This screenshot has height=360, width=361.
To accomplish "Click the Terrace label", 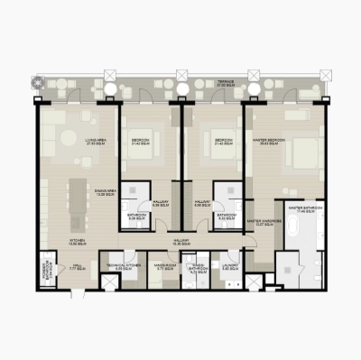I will point(225,81).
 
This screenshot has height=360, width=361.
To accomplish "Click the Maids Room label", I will point(163,265).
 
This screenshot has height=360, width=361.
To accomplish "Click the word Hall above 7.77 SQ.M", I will point(77,265).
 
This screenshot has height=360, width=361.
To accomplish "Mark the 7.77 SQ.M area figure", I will point(77,270).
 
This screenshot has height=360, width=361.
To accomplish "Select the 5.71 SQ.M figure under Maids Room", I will point(163,270).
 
